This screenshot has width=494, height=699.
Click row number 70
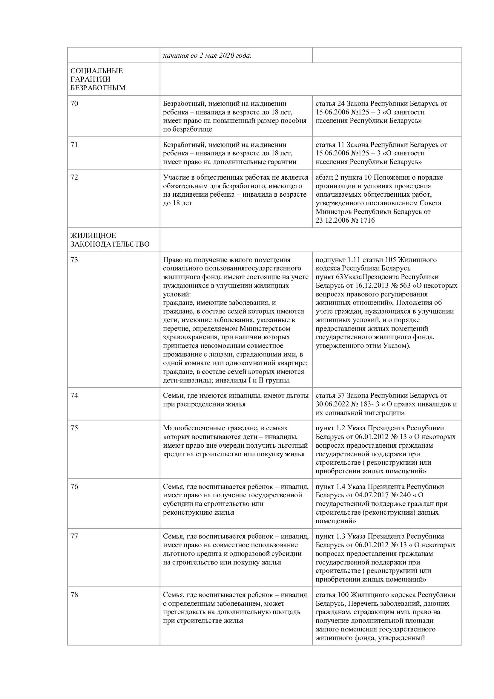click(x=74, y=103)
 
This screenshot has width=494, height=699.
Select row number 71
click(x=74, y=145)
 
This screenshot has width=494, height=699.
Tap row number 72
click(x=74, y=177)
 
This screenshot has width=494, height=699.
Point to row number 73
click(x=74, y=260)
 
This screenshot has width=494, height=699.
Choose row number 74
click(x=74, y=395)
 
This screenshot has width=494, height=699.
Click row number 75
click(x=74, y=428)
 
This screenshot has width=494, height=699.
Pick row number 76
click(x=74, y=487)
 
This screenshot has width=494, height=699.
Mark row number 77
click(x=74, y=536)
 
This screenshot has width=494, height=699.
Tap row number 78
click(x=74, y=595)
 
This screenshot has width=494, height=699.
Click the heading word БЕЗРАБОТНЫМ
click(x=98, y=88)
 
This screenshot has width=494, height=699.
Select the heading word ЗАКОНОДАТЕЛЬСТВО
click(x=110, y=244)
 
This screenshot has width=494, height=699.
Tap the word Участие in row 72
click(x=176, y=177)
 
